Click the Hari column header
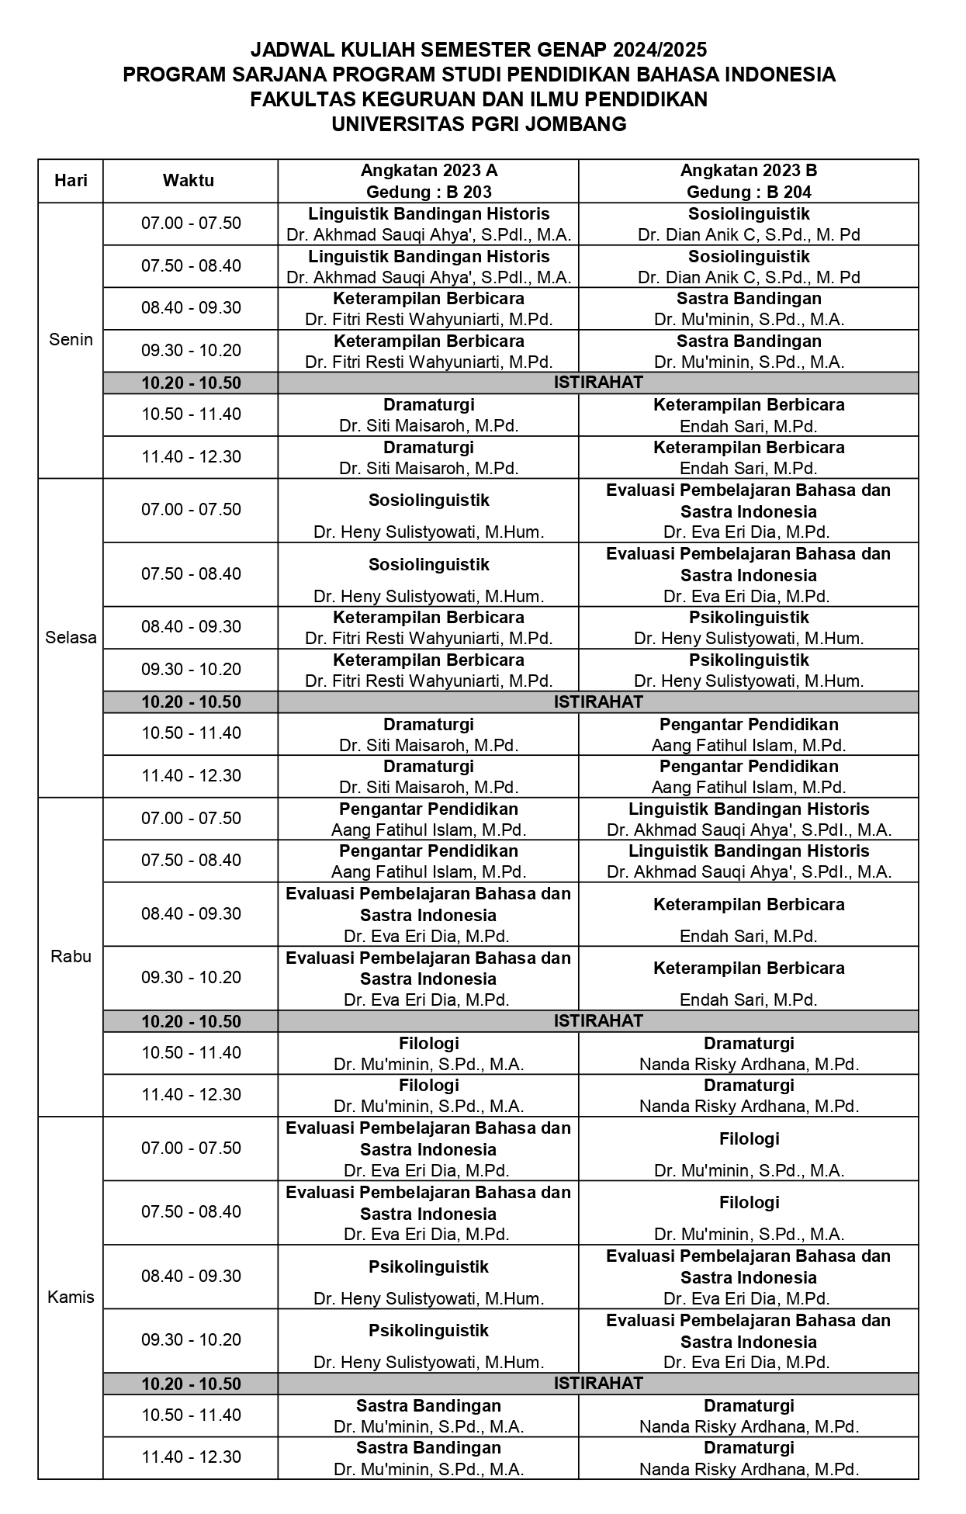(x=71, y=181)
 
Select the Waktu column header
(x=189, y=181)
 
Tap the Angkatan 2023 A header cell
(x=428, y=171)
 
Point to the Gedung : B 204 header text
(x=749, y=192)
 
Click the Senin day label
(x=71, y=340)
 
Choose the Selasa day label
(x=71, y=638)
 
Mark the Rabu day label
(x=71, y=957)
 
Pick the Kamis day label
(x=71, y=1297)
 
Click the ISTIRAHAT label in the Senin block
(x=597, y=382)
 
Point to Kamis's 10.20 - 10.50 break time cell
(x=191, y=1384)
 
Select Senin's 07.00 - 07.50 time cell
(x=191, y=223)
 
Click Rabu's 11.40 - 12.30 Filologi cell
(x=428, y=1095)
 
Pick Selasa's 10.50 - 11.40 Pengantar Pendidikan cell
(x=749, y=734)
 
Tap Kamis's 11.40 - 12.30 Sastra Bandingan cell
(x=428, y=1457)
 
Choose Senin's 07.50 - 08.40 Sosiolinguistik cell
(x=749, y=266)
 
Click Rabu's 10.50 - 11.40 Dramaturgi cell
(x=749, y=1053)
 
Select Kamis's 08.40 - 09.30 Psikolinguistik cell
(x=428, y=1277)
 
